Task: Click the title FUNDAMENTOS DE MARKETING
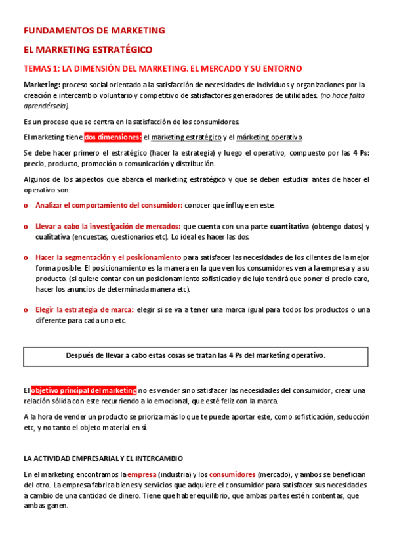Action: click(x=94, y=30)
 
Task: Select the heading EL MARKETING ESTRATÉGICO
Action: click(x=87, y=49)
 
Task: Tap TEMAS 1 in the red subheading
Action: click(x=41, y=68)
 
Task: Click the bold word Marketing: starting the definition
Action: click(x=42, y=85)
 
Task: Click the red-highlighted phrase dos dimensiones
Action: click(x=112, y=137)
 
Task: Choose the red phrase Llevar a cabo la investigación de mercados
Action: click(x=108, y=227)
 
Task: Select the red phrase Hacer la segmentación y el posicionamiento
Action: click(x=108, y=257)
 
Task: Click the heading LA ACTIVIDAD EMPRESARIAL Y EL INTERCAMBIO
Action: click(x=103, y=458)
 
